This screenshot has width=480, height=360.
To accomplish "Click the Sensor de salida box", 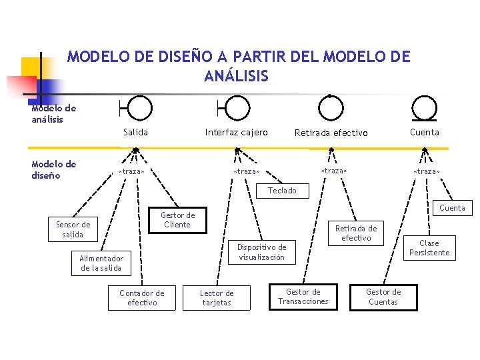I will click(x=73, y=229).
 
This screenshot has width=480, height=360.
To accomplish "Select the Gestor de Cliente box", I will click(x=177, y=220).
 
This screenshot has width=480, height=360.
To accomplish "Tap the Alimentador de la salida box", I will click(x=101, y=263).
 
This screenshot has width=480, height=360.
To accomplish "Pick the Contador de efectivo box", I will click(x=141, y=298).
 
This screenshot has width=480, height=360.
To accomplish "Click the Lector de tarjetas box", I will click(x=217, y=298).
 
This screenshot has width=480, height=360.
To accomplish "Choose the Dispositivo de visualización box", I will click(x=262, y=252).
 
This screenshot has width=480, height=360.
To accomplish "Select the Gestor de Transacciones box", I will click(x=303, y=297).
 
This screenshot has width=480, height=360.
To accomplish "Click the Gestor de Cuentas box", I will click(x=383, y=297).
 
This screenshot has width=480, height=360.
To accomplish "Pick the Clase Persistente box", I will click(x=429, y=248).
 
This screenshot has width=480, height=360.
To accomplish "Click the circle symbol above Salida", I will click(x=139, y=107).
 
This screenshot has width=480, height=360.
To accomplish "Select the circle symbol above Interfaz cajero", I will click(x=237, y=107).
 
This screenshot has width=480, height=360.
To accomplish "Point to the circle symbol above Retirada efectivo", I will click(x=330, y=106).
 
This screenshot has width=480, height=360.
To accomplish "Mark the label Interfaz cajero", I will click(x=236, y=132).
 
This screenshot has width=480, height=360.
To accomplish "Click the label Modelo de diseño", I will click(x=54, y=170).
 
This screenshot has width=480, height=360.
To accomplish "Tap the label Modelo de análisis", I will click(x=54, y=114).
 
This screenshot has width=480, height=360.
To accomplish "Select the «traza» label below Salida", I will click(x=131, y=171).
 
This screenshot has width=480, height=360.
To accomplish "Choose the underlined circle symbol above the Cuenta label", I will click(x=424, y=107).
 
